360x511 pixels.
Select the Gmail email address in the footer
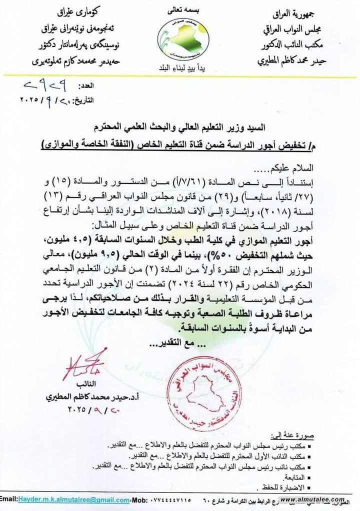[73, 499]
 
